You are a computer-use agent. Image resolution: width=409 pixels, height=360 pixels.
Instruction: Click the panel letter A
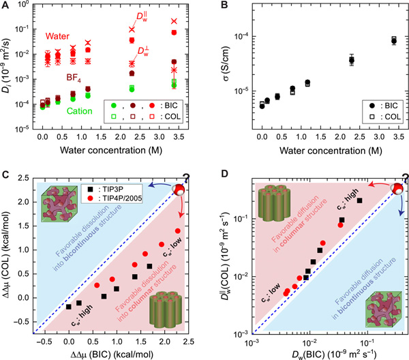tap(5, 6)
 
